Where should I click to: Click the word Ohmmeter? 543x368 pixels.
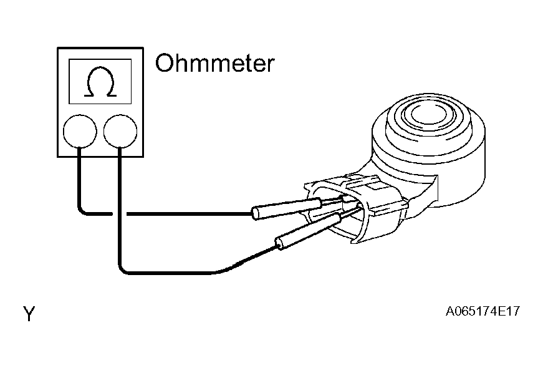click(214, 64)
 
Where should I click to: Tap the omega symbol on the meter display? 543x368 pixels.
click(100, 82)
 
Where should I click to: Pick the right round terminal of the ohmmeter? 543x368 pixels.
click(120, 131)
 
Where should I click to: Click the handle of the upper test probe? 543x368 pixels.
click(286, 208)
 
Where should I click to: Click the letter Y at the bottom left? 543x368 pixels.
click(29, 314)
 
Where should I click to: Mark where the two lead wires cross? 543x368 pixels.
click(118, 214)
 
